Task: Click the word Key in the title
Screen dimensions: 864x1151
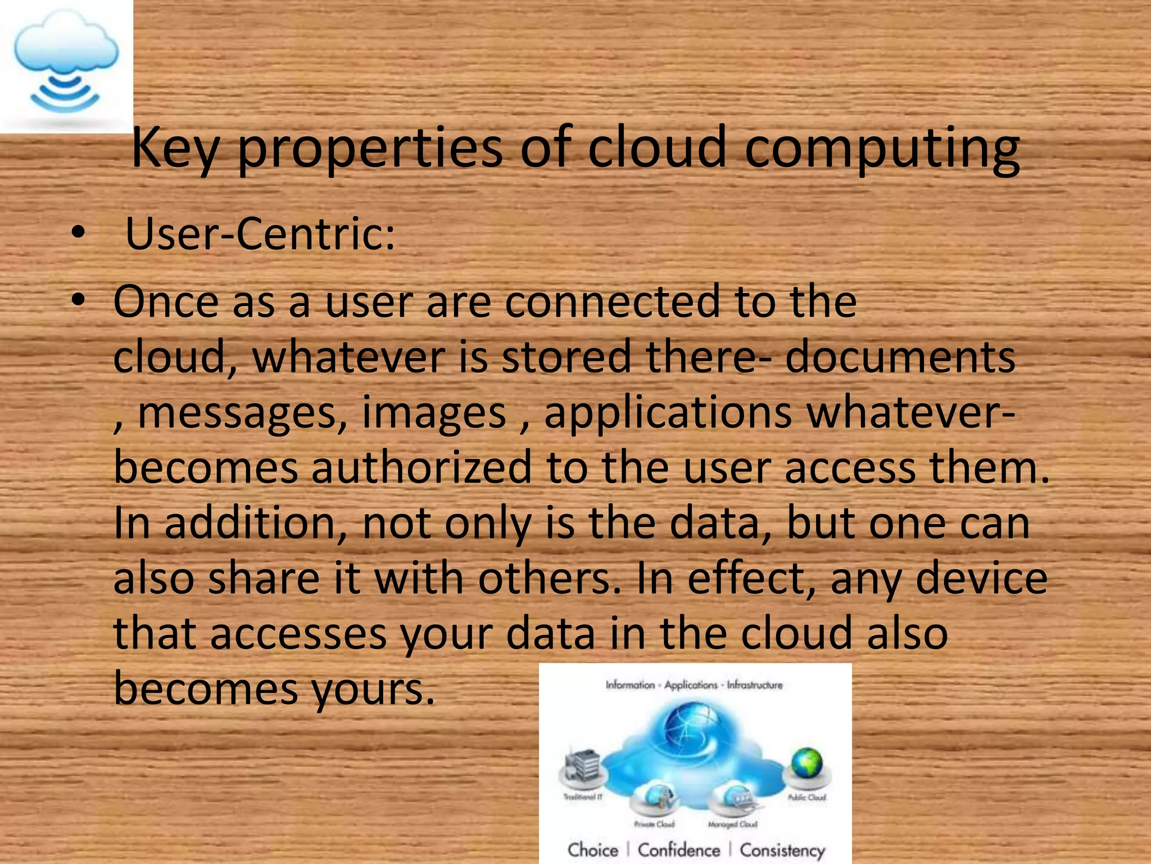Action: tap(174, 147)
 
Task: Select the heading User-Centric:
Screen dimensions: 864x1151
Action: tap(260, 233)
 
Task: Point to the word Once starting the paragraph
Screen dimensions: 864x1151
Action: tap(166, 302)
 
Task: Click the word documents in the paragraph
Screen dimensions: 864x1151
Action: tap(900, 357)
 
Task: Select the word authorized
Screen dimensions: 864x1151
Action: tap(421, 467)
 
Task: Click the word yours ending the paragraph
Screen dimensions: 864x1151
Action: tap(373, 689)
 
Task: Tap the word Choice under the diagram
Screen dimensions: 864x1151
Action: tap(592, 849)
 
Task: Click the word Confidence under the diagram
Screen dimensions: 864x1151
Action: tap(678, 849)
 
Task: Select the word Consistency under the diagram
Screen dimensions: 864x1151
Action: tap(782, 850)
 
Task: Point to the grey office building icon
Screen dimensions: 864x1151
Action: tap(582, 765)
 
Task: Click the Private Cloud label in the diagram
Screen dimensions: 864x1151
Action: tap(654, 824)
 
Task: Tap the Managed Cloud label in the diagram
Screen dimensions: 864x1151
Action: tap(732, 824)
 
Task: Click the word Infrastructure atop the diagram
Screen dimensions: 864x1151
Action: tap(754, 685)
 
